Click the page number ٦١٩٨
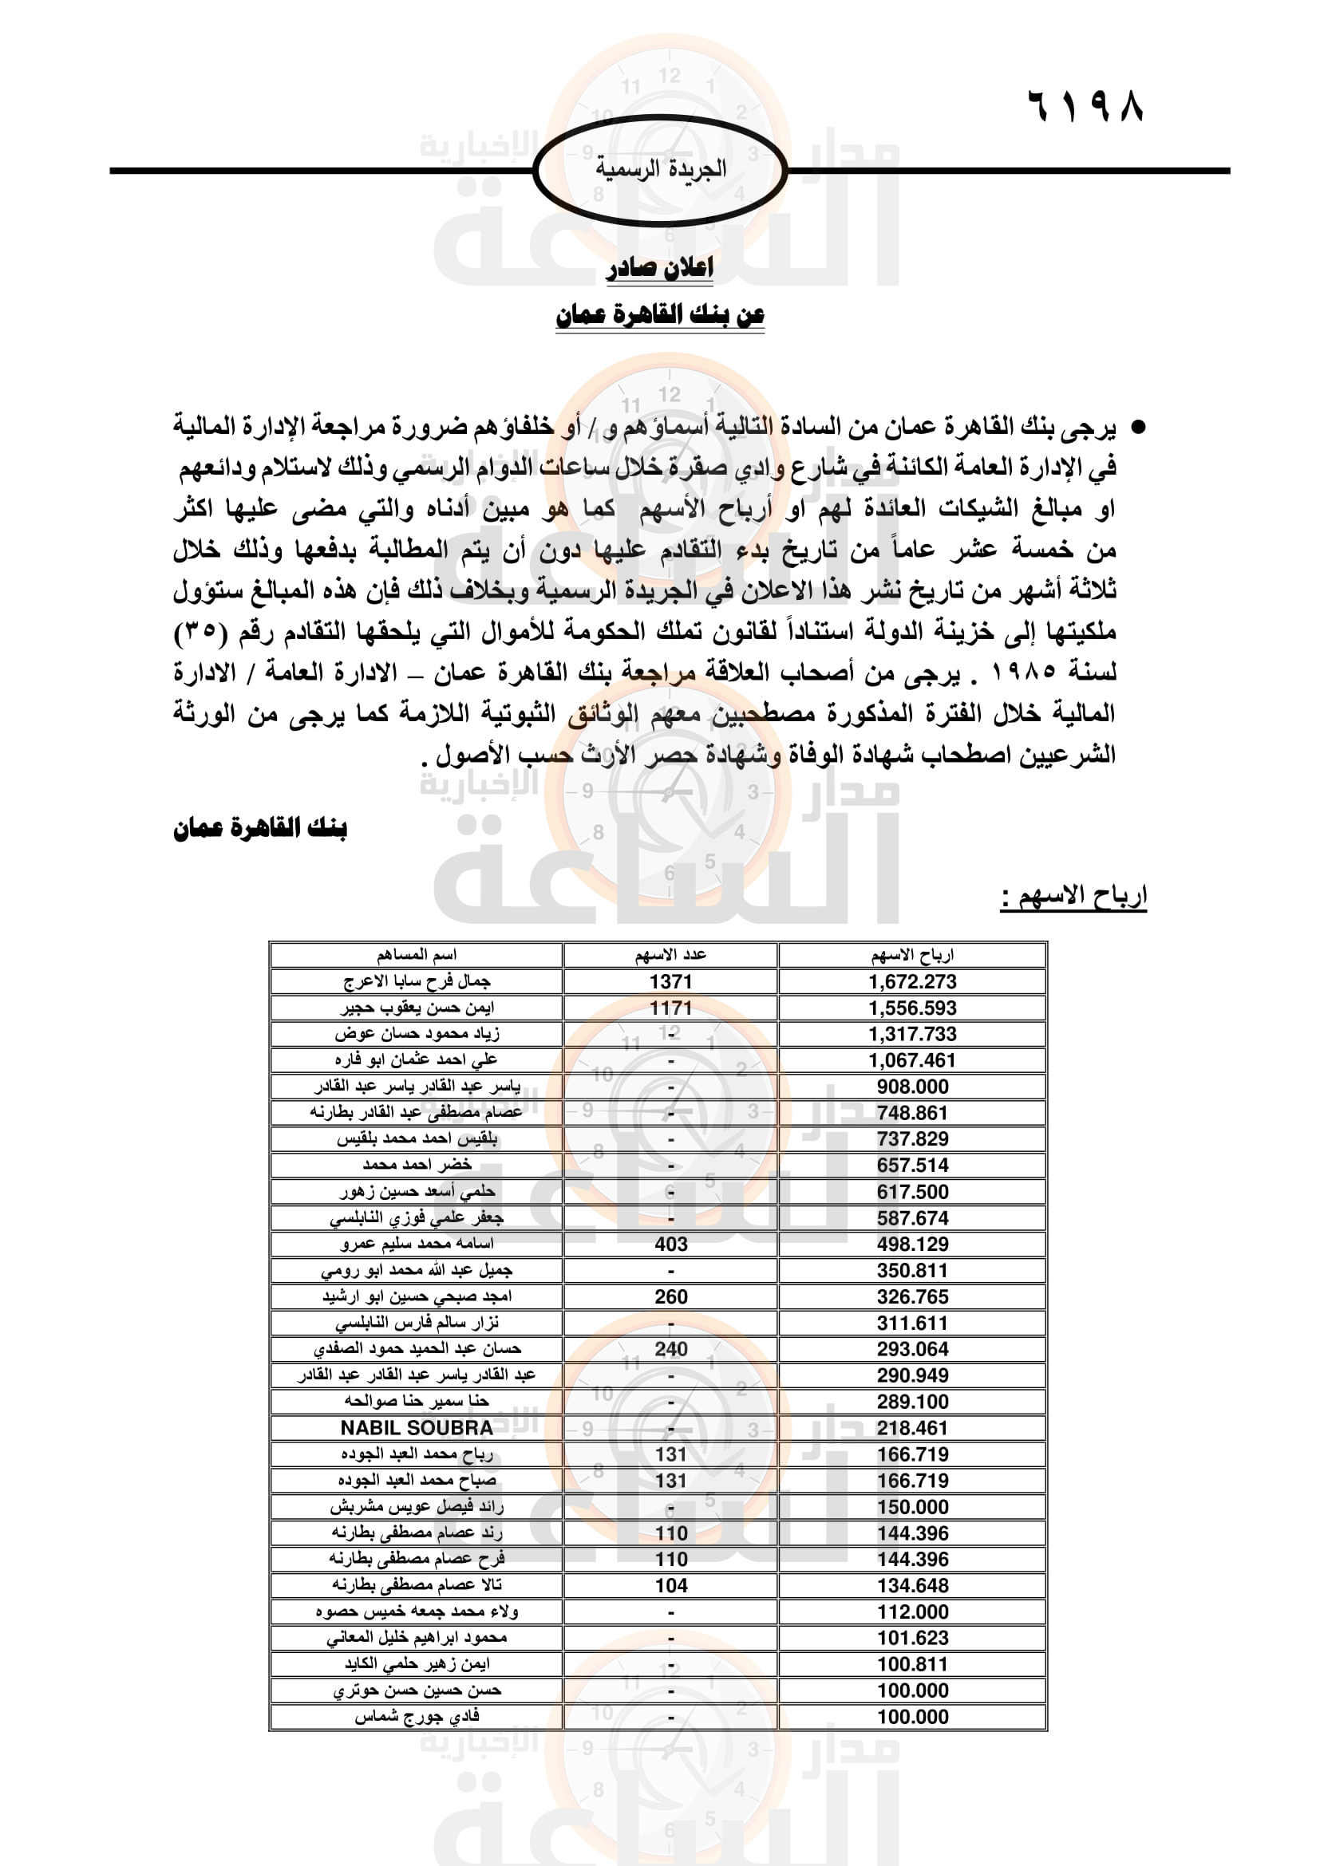[1086, 105]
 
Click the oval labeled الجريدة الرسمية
[660, 170]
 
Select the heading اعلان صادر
[659, 267]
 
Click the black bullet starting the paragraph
[1139, 427]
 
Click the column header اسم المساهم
[416, 955]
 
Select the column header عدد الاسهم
[670, 955]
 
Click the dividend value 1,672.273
[912, 982]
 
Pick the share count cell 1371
[670, 982]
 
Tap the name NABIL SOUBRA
[416, 1428]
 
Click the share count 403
[670, 1245]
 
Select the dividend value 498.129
[912, 1245]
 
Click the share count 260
[670, 1297]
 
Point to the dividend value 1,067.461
[912, 1060]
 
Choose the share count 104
[670, 1586]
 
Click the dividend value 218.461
[912, 1428]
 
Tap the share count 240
[670, 1349]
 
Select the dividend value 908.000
[912, 1087]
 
